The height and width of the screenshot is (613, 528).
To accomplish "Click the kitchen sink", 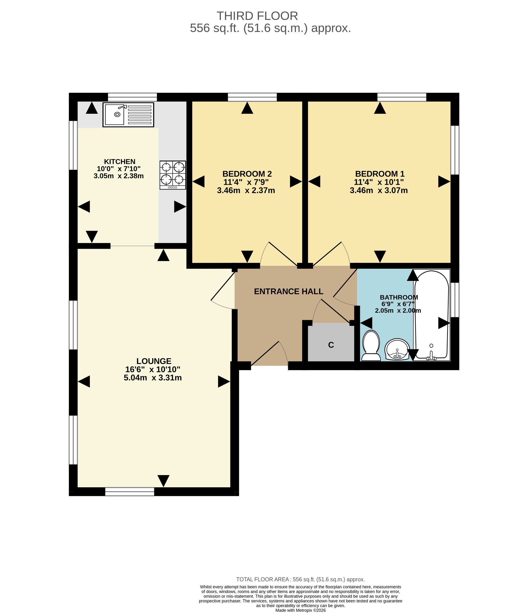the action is point(128,115).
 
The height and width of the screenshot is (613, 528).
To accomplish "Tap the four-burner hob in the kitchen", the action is point(173,175).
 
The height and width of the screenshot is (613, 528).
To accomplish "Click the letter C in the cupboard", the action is point(331,345).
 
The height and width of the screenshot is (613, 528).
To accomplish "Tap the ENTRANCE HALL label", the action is point(289,291).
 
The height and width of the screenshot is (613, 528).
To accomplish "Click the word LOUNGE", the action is point(154,361).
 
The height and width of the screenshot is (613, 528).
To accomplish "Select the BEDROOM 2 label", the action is point(247,174).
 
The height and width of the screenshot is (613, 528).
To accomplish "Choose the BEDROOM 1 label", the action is point(380,174).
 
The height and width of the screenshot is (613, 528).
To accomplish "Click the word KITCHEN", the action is point(120,161).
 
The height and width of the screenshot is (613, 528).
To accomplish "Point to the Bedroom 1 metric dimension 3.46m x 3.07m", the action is point(379,190).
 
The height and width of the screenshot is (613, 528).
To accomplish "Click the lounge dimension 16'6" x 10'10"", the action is point(153,369).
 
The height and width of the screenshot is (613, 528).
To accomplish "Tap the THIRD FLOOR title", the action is point(257,16).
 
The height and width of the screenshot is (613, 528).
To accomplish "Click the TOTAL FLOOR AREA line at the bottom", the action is point(301,580).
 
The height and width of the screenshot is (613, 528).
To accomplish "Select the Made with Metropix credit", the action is point(301,610).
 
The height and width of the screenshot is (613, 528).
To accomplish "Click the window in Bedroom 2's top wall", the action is point(252,97).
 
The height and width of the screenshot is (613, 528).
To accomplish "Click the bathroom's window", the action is point(455,300).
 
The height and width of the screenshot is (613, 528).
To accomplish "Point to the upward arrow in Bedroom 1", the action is point(380,108).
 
